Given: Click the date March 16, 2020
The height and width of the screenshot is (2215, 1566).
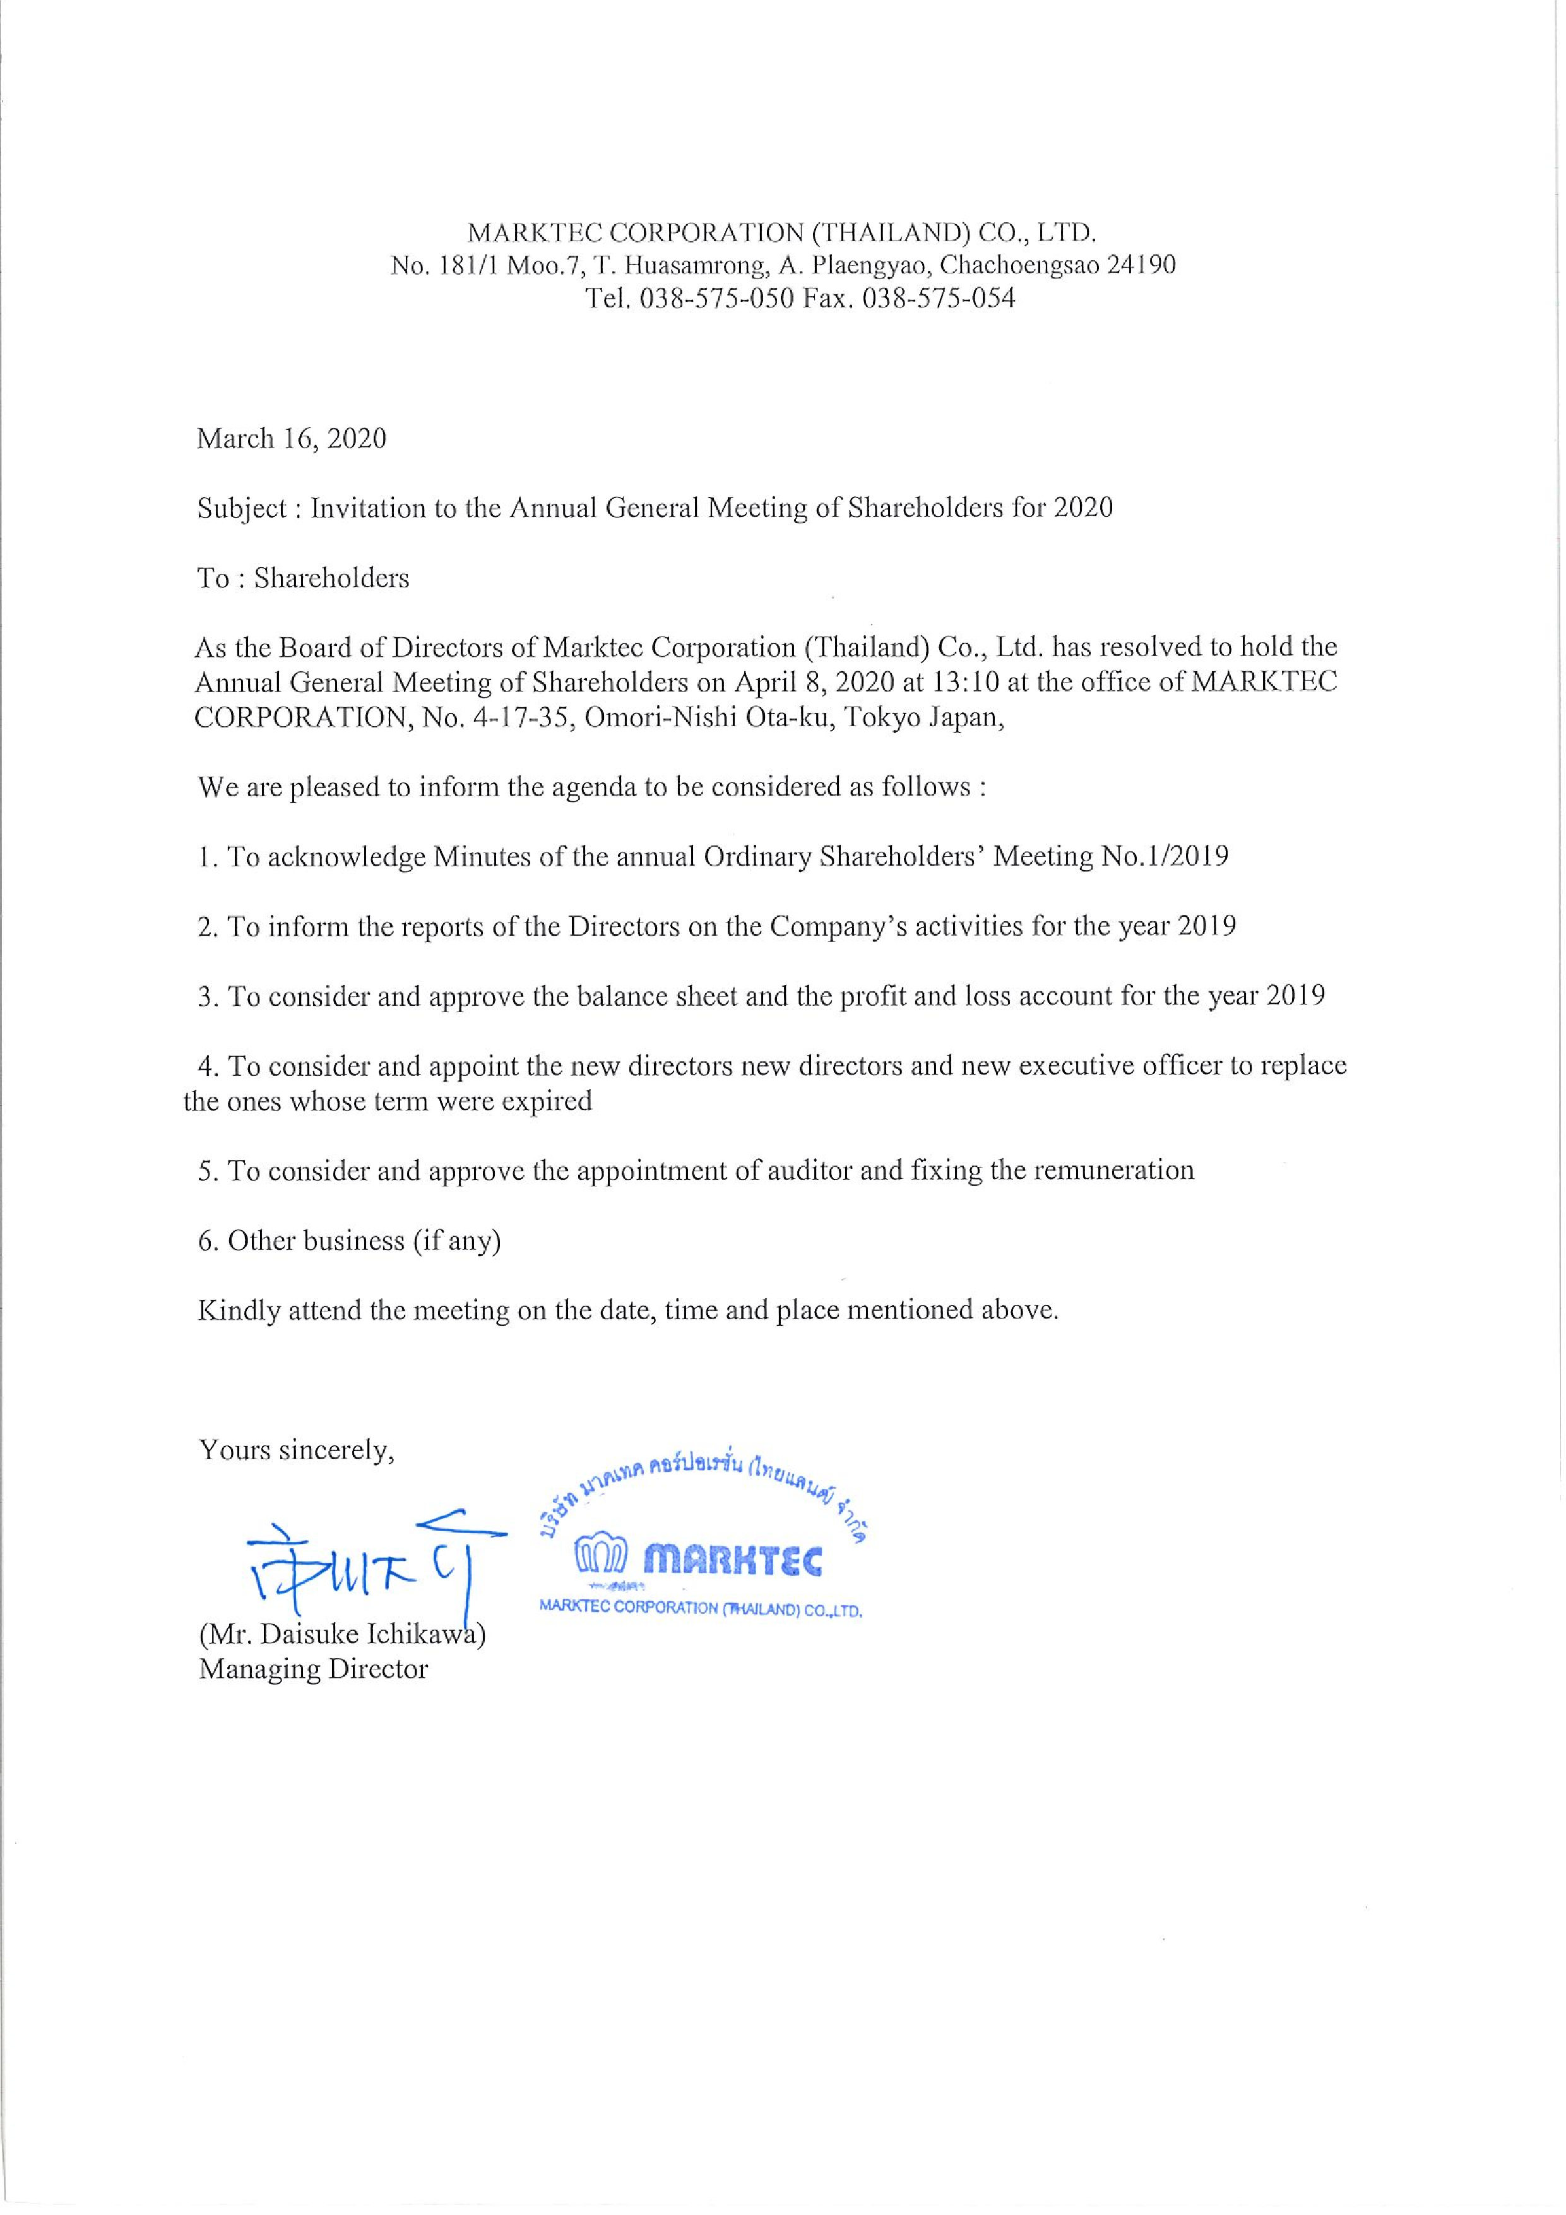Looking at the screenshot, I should [291, 439].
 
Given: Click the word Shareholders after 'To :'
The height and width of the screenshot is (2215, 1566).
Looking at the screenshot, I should [332, 579].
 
